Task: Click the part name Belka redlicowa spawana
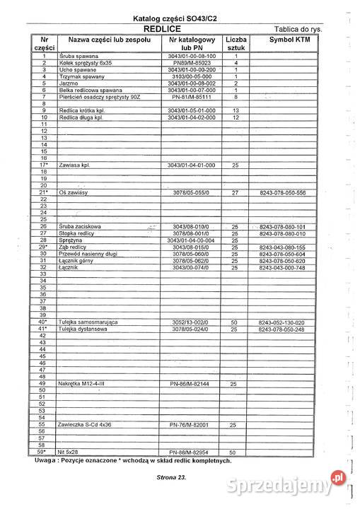[x=88, y=90]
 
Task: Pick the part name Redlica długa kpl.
[x=82, y=117]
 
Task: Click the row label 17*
[x=44, y=165]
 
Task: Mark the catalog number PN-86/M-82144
[x=193, y=383]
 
